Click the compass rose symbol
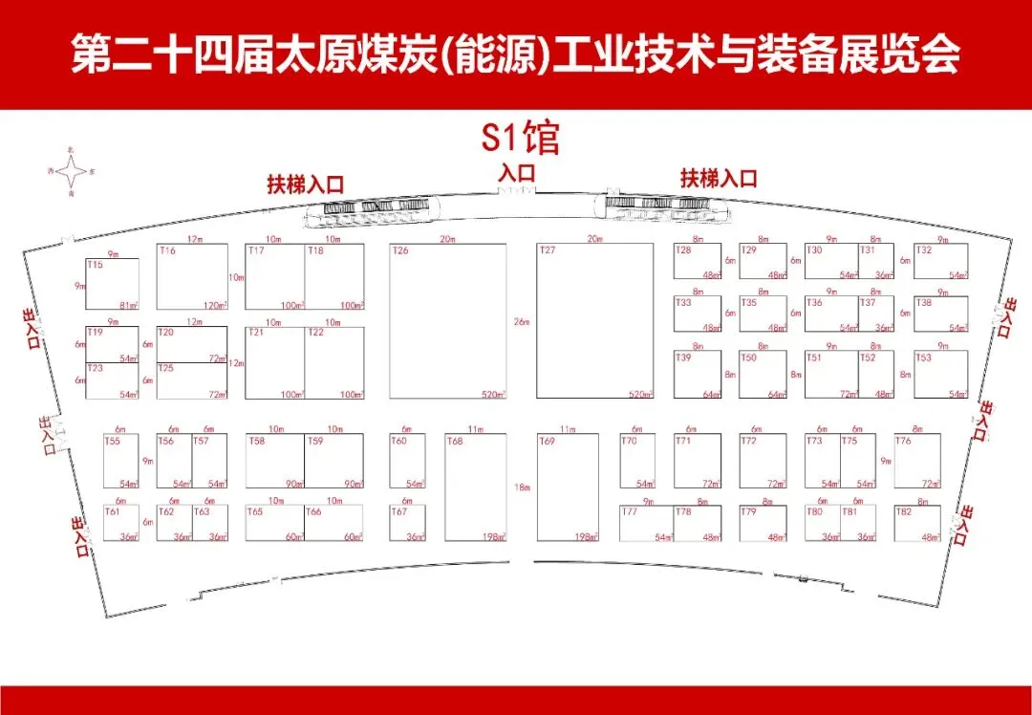click(72, 172)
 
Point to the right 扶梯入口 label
click(719, 178)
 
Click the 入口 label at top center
click(517, 173)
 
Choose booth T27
click(594, 321)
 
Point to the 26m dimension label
click(521, 322)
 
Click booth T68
click(476, 487)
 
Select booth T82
click(917, 523)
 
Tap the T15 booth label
click(95, 265)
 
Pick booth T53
click(940, 375)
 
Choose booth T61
click(121, 523)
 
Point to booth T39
click(697, 375)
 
